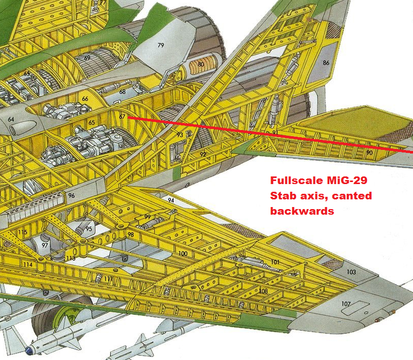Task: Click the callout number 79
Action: point(161,45)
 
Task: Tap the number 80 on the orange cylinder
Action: point(201,65)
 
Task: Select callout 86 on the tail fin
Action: point(326,63)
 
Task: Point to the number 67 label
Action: point(122,116)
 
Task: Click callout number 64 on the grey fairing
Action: point(11,119)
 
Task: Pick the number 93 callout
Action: point(180,135)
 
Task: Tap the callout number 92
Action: point(203,154)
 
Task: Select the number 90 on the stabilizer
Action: point(369,152)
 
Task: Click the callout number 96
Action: point(71,195)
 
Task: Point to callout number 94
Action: point(171,200)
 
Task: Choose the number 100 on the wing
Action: point(183,253)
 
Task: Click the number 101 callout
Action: point(275,262)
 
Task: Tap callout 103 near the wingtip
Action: point(351,272)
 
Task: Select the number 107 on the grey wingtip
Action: point(346,304)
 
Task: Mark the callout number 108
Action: point(263,291)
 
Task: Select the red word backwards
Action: point(302,211)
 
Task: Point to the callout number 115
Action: point(22,233)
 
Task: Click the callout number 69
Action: point(87,58)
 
